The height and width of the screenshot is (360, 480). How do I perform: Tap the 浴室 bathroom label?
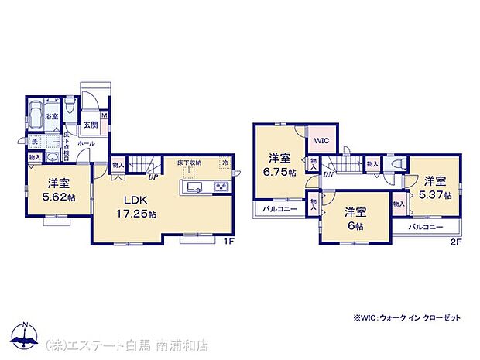pos(52,117)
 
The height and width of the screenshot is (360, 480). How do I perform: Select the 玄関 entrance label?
pos(90,125)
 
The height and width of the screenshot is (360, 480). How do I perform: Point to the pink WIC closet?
pos(322,139)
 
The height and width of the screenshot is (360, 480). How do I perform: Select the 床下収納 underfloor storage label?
pos(188,163)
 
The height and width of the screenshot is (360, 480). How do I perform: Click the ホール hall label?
pos(86,143)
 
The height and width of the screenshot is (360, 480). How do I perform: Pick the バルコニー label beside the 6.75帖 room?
pos(276,209)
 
